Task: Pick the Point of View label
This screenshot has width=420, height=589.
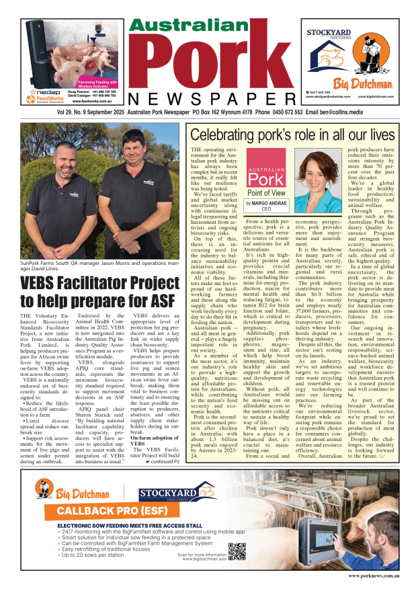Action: pyautogui.click(x=267, y=193)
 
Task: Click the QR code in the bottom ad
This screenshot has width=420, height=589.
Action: pyautogui.click(x=236, y=551)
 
